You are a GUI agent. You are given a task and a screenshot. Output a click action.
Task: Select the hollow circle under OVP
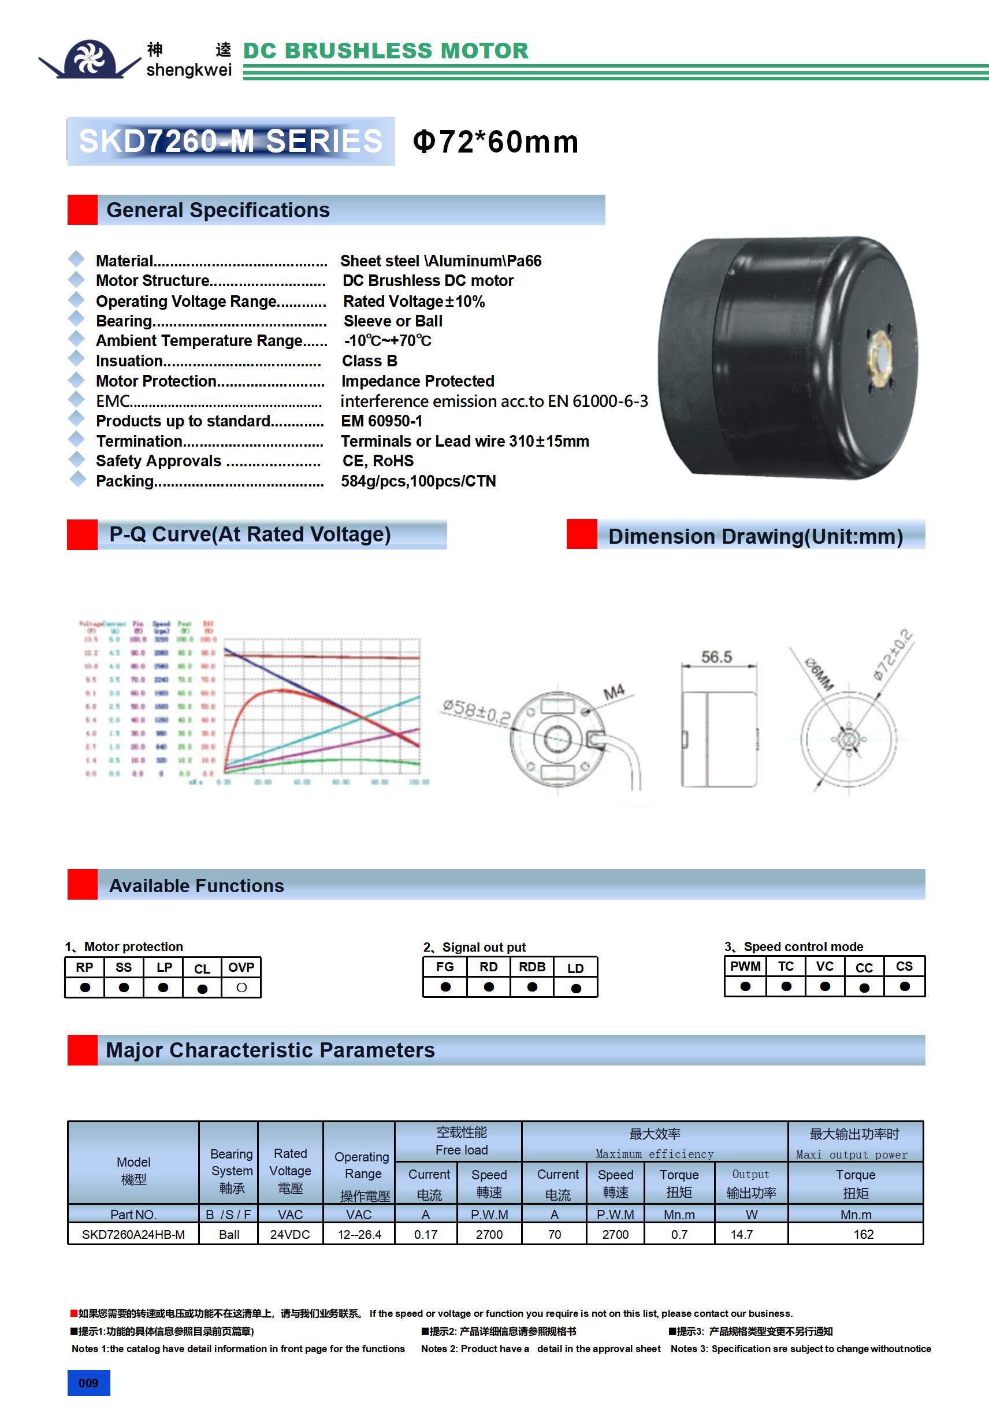pyautogui.click(x=241, y=988)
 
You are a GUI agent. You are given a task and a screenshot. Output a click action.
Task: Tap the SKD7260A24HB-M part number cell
pyautogui.click(x=133, y=1234)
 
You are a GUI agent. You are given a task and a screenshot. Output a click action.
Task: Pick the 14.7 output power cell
pyautogui.click(x=741, y=1234)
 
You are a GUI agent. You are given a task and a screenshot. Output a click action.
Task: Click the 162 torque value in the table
pyautogui.click(x=863, y=1234)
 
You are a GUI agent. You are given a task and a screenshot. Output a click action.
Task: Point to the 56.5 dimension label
pyautogui.click(x=716, y=657)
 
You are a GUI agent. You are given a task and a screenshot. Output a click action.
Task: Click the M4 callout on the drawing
pyautogui.click(x=614, y=692)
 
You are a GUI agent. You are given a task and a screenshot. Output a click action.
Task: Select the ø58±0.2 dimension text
pyautogui.click(x=476, y=712)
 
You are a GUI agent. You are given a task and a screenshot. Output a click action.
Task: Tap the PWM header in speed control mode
pyautogui.click(x=745, y=966)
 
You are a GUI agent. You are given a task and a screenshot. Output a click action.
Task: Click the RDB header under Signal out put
pyautogui.click(x=532, y=967)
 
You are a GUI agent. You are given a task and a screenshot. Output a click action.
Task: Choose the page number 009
pyautogui.click(x=88, y=1383)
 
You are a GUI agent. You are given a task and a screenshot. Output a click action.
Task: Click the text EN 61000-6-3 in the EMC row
pyautogui.click(x=597, y=402)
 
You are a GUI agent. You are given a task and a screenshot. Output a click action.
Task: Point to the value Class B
pyautogui.click(x=370, y=361)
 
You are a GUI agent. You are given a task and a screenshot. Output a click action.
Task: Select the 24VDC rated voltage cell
pyautogui.click(x=290, y=1234)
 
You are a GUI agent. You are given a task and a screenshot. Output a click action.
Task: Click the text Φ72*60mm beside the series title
pyautogui.click(x=496, y=142)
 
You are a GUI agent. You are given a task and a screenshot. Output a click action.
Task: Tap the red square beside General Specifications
pyautogui.click(x=83, y=210)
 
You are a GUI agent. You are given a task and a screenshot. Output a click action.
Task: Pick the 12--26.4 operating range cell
pyautogui.click(x=359, y=1234)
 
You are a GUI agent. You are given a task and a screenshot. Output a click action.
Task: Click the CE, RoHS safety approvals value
pyautogui.click(x=378, y=462)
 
